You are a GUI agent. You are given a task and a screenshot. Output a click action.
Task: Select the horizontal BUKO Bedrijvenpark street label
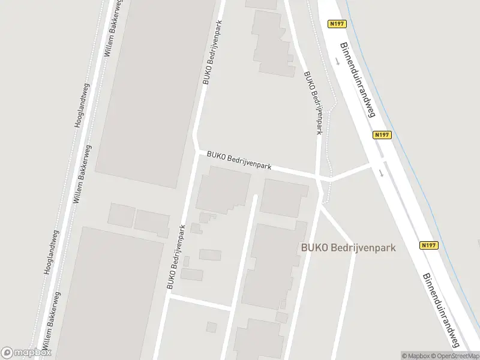pos(238,160)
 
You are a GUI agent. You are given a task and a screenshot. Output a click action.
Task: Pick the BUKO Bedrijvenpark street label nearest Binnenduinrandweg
pos(313,104)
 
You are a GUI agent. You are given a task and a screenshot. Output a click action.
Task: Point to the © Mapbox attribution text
pos(415,356)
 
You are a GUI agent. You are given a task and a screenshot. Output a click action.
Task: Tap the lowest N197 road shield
pos(428,245)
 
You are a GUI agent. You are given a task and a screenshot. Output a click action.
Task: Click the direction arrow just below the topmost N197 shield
pos(337,62)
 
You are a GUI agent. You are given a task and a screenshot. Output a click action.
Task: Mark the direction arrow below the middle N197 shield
pos(382,174)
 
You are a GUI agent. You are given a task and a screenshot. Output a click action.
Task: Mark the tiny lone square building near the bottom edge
pos(211,327)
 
